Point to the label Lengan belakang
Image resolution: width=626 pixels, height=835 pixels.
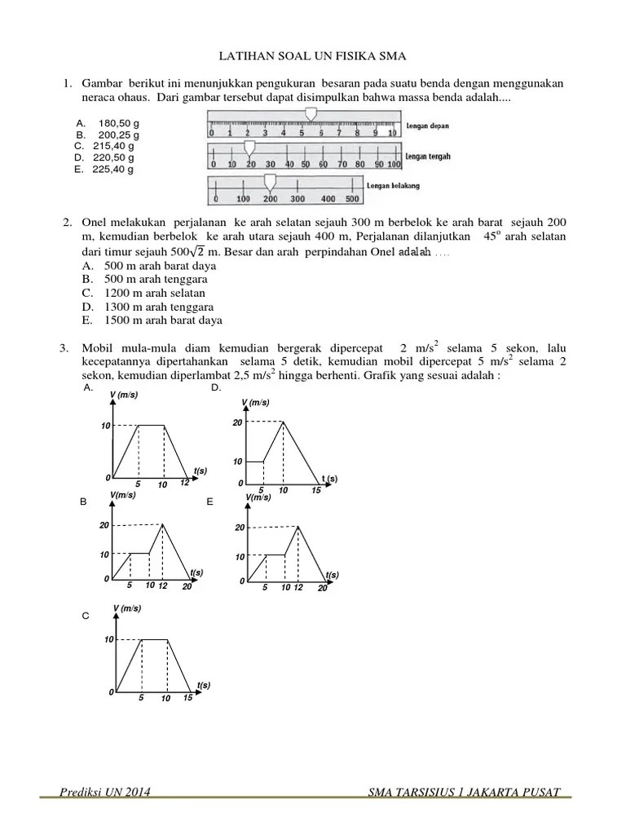394,186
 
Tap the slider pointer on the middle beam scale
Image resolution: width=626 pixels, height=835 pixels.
250,147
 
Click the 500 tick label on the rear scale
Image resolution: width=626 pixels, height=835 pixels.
351,198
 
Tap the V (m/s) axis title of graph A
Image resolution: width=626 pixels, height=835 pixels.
124,395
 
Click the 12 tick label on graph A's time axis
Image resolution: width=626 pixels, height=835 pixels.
184,483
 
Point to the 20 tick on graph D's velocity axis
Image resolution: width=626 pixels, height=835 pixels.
237,422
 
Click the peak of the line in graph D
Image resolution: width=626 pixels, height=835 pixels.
283,422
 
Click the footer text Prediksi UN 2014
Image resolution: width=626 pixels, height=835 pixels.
104,793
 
